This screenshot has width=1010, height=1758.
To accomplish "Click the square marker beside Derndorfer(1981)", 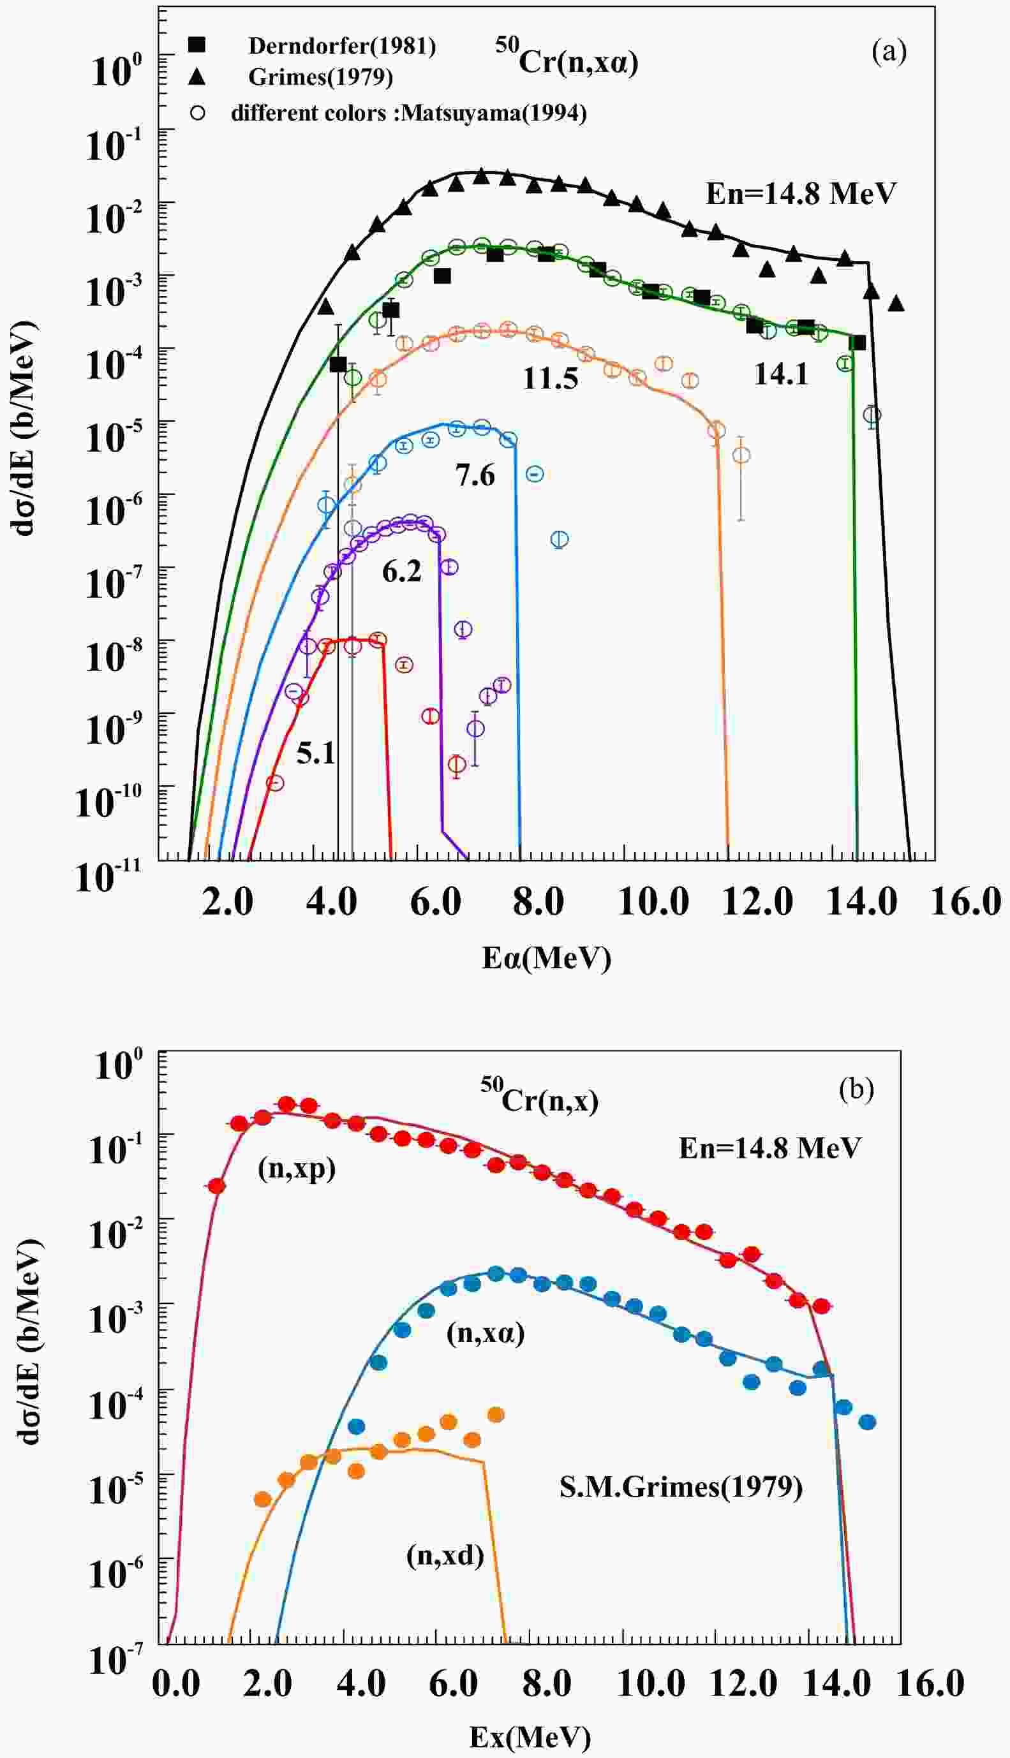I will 198,45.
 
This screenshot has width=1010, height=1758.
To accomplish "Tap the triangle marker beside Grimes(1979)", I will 198,77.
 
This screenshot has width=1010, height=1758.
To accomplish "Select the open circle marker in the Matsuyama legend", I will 198,112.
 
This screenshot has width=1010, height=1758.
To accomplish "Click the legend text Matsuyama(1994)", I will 493,112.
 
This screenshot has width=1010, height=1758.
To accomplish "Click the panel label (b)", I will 856,1090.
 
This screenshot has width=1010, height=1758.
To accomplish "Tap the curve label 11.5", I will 549,380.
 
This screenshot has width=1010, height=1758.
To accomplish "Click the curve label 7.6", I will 475,476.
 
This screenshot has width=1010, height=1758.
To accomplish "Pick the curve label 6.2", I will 402,572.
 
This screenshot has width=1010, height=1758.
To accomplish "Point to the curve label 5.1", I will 316,753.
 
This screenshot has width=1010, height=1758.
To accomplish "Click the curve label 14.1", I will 781,374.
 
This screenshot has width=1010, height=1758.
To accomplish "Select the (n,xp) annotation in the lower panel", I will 296,1169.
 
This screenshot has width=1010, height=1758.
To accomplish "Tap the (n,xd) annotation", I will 445,1556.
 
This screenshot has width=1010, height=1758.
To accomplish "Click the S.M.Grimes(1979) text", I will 681,1487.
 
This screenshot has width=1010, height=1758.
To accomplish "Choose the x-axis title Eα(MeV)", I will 547,958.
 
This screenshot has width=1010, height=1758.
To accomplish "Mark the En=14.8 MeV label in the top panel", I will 801,193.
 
